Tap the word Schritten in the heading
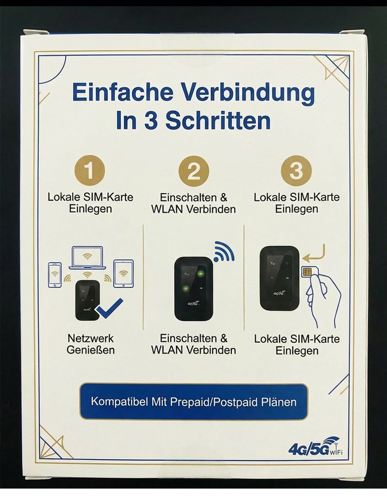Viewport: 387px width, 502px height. click(x=218, y=121)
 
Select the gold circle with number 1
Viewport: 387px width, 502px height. click(x=90, y=171)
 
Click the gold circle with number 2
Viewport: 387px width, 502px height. click(x=193, y=171)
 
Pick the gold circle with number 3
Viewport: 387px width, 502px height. click(x=296, y=171)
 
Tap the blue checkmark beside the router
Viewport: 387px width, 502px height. click(x=109, y=308)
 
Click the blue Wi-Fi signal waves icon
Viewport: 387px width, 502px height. click(x=224, y=251)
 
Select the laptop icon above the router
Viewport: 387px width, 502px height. click(x=87, y=258)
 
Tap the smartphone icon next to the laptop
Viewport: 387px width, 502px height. click(x=55, y=274)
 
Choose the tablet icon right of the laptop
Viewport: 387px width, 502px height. click(x=123, y=273)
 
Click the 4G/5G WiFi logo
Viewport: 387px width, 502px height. click(x=316, y=446)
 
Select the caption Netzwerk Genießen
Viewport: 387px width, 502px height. click(x=91, y=344)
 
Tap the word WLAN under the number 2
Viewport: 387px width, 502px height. click(x=167, y=209)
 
